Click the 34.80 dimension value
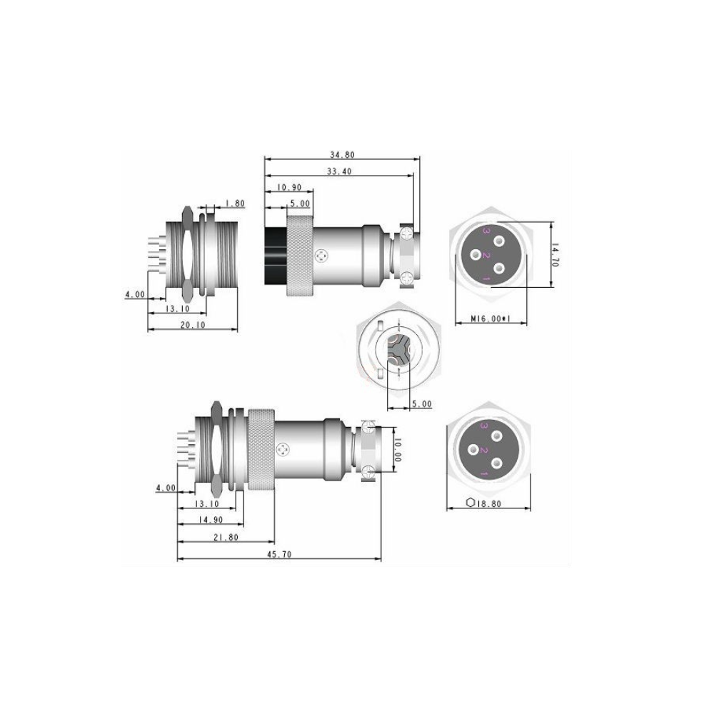pyautogui.click(x=342, y=155)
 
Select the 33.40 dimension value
pyautogui.click(x=339, y=171)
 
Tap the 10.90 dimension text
pyautogui.click(x=289, y=188)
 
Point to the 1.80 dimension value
pyautogui.click(x=235, y=203)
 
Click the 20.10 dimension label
pyautogui.click(x=193, y=325)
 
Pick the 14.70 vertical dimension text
pyautogui.click(x=555, y=255)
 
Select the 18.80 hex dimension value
pyautogui.click(x=490, y=503)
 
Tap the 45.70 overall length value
pyautogui.click(x=279, y=554)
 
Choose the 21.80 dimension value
pyautogui.click(x=226, y=538)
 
